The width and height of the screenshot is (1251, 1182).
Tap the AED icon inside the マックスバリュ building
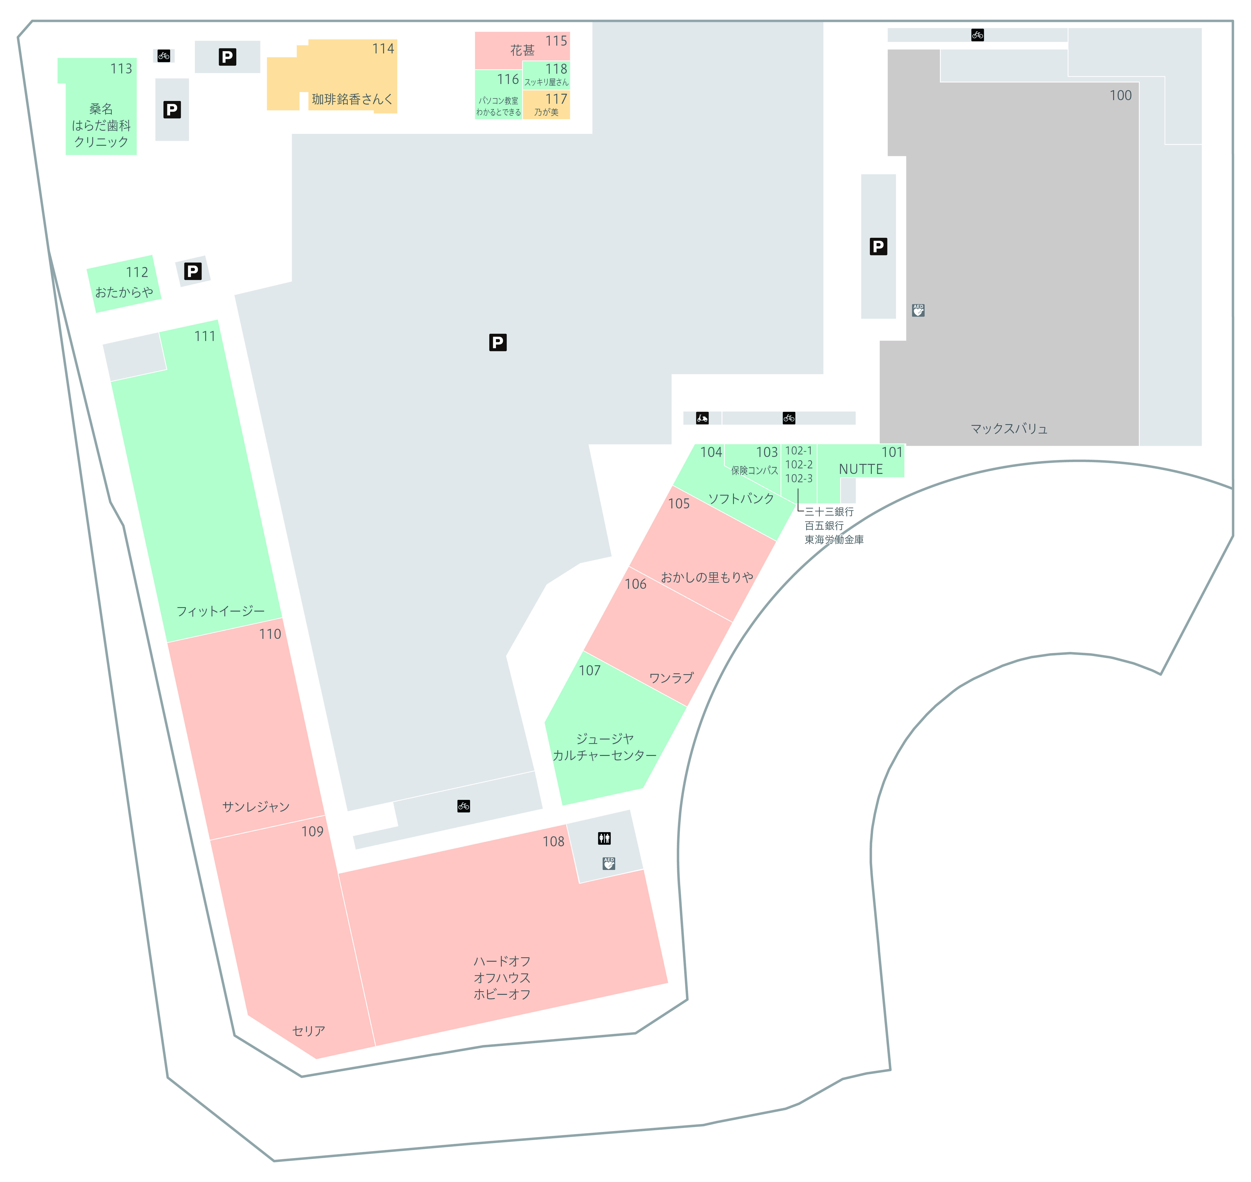(919, 310)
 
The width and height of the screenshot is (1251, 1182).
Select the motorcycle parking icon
(702, 418)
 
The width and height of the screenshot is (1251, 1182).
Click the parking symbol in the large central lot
(498, 342)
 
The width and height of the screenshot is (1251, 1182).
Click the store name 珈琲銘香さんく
(352, 99)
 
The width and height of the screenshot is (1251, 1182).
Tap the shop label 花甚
(522, 50)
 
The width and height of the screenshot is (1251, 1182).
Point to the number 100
(1121, 95)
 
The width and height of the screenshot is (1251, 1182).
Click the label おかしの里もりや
(707, 577)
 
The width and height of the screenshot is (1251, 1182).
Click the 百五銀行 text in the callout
(824, 525)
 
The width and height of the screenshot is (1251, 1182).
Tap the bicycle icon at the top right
(978, 35)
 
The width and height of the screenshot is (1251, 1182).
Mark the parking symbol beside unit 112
(193, 271)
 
